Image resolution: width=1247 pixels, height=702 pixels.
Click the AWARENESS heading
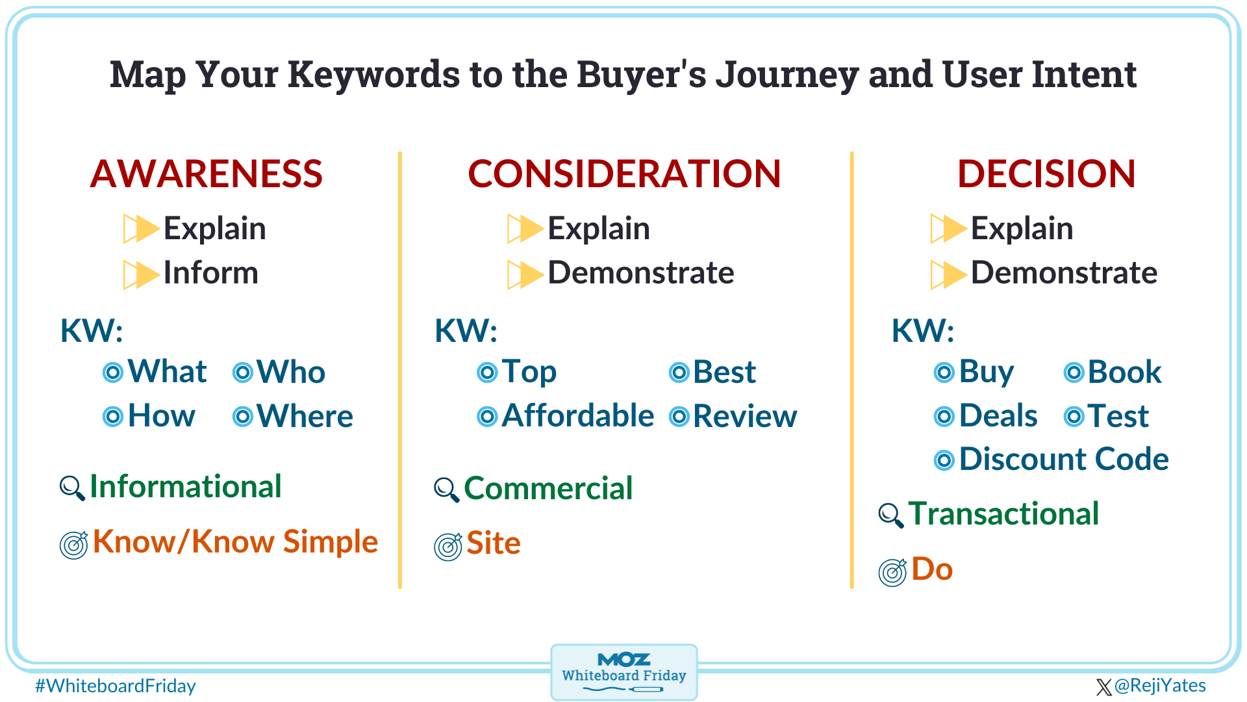point(206,174)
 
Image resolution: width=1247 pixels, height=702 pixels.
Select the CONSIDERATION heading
point(624,174)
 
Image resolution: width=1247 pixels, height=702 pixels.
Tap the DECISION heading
point(1046,174)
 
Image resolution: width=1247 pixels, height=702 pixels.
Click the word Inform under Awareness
point(210,273)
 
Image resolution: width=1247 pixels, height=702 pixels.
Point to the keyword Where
point(305,416)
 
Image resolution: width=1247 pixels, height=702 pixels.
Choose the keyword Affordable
point(577,416)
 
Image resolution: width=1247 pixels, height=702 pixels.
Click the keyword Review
point(744,416)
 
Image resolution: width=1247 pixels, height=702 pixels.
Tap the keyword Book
point(1124,372)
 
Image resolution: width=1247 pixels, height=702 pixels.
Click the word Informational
point(185,487)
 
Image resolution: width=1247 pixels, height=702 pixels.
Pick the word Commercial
point(548,489)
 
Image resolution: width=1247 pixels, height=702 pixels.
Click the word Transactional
point(1003,514)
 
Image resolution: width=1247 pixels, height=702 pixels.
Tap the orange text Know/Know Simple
point(235,542)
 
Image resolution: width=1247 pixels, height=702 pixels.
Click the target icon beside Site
point(448,547)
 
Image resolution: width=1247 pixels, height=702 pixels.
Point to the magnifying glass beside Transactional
point(890,515)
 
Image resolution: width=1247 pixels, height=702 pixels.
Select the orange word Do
point(931,569)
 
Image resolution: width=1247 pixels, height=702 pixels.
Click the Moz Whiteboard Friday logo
point(623,671)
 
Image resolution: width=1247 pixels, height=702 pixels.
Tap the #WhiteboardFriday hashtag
point(115,686)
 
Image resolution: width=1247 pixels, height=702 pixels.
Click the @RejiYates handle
point(1159,686)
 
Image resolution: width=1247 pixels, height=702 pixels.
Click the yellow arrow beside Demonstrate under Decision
point(948,274)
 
